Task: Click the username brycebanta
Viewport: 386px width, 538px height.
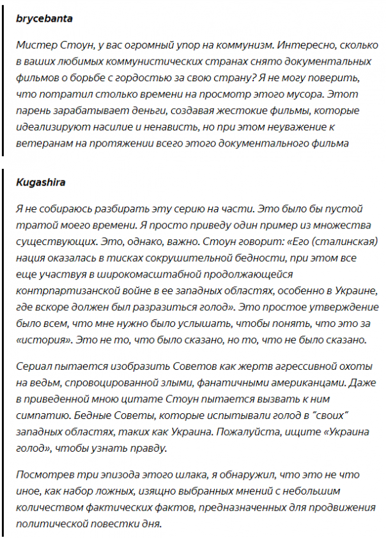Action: [x=44, y=19]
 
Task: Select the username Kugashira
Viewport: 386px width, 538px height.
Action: [x=40, y=182]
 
